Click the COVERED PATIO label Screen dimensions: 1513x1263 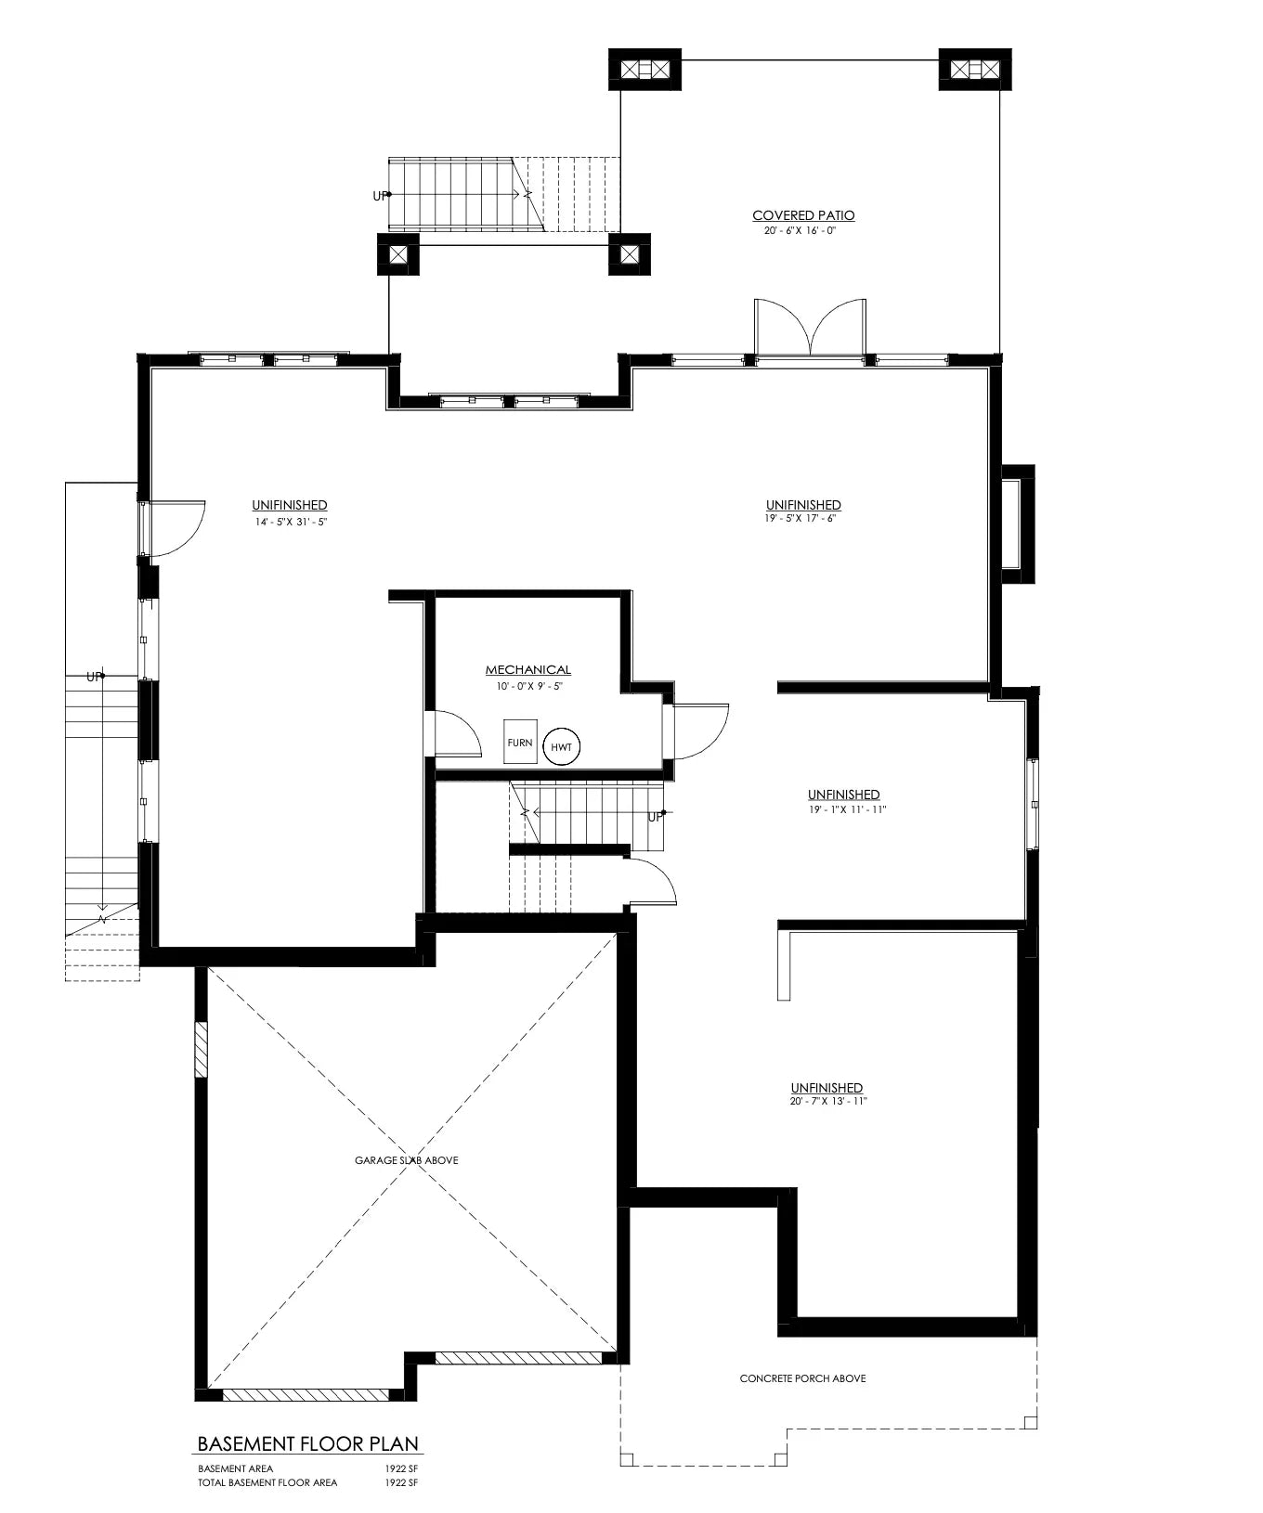point(803,215)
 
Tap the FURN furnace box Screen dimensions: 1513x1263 point(520,742)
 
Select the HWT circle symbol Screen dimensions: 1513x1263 point(561,747)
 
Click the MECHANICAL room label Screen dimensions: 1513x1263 point(527,669)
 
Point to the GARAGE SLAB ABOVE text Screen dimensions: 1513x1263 point(406,1160)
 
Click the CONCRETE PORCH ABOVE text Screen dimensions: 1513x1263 point(802,1378)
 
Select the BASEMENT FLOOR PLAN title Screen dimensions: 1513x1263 point(308,1444)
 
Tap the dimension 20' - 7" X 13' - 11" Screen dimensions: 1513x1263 point(827,1102)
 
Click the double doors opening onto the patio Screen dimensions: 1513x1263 point(811,329)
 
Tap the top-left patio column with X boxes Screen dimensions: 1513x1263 point(645,69)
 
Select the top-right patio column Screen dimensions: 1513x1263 point(974,69)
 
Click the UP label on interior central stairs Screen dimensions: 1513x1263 point(656,817)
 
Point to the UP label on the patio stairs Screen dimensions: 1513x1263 point(380,196)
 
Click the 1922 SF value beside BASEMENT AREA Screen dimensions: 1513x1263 point(402,1469)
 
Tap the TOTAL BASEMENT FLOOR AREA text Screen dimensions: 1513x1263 point(267,1482)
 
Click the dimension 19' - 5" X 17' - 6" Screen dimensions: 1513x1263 point(803,519)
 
